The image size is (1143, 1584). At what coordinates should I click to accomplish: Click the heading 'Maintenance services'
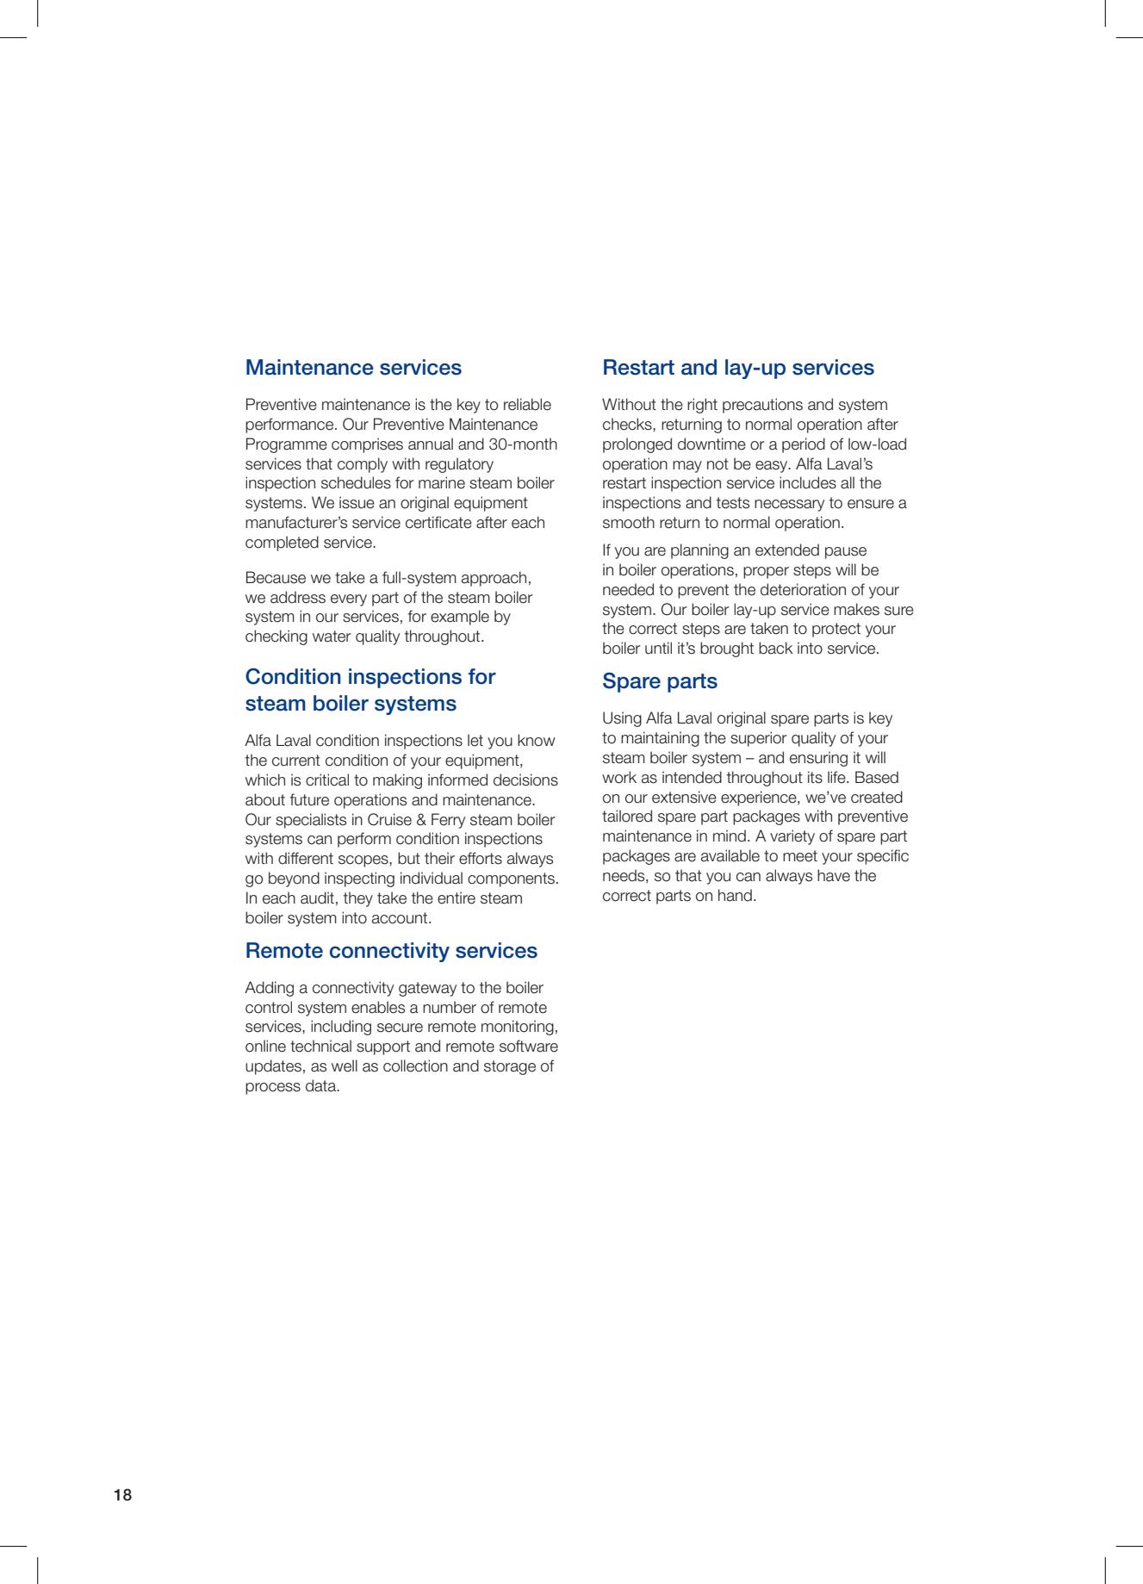coord(353,368)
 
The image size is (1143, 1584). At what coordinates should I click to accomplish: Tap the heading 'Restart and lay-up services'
coord(737,368)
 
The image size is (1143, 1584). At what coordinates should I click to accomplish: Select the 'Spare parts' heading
coord(659,681)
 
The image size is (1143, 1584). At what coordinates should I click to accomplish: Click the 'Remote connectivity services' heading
coord(391,951)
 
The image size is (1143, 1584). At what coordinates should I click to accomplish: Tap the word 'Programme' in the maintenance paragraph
coord(283,444)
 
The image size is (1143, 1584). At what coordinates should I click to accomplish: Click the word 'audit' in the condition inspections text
coord(316,898)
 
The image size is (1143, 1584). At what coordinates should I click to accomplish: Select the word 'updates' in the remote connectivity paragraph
coord(270,1066)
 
